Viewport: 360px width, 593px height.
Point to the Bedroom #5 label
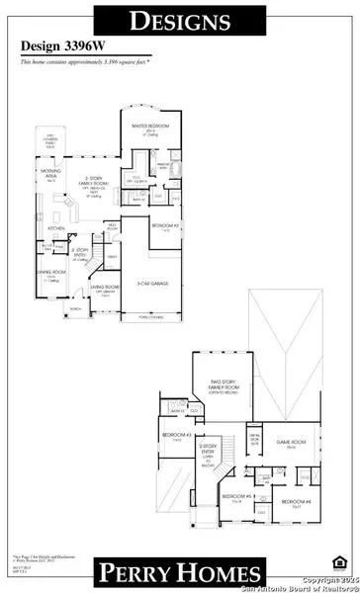click(234, 496)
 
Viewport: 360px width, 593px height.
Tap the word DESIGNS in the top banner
click(180, 19)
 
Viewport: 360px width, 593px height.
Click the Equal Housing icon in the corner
click(341, 563)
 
